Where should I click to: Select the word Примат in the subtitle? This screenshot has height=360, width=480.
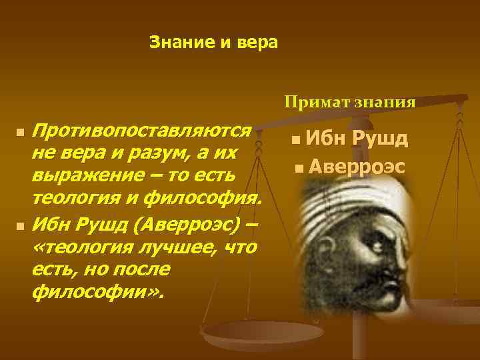point(311,102)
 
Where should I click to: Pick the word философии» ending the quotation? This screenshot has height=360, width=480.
point(100,292)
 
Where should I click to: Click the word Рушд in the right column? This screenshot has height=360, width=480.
point(381,139)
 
